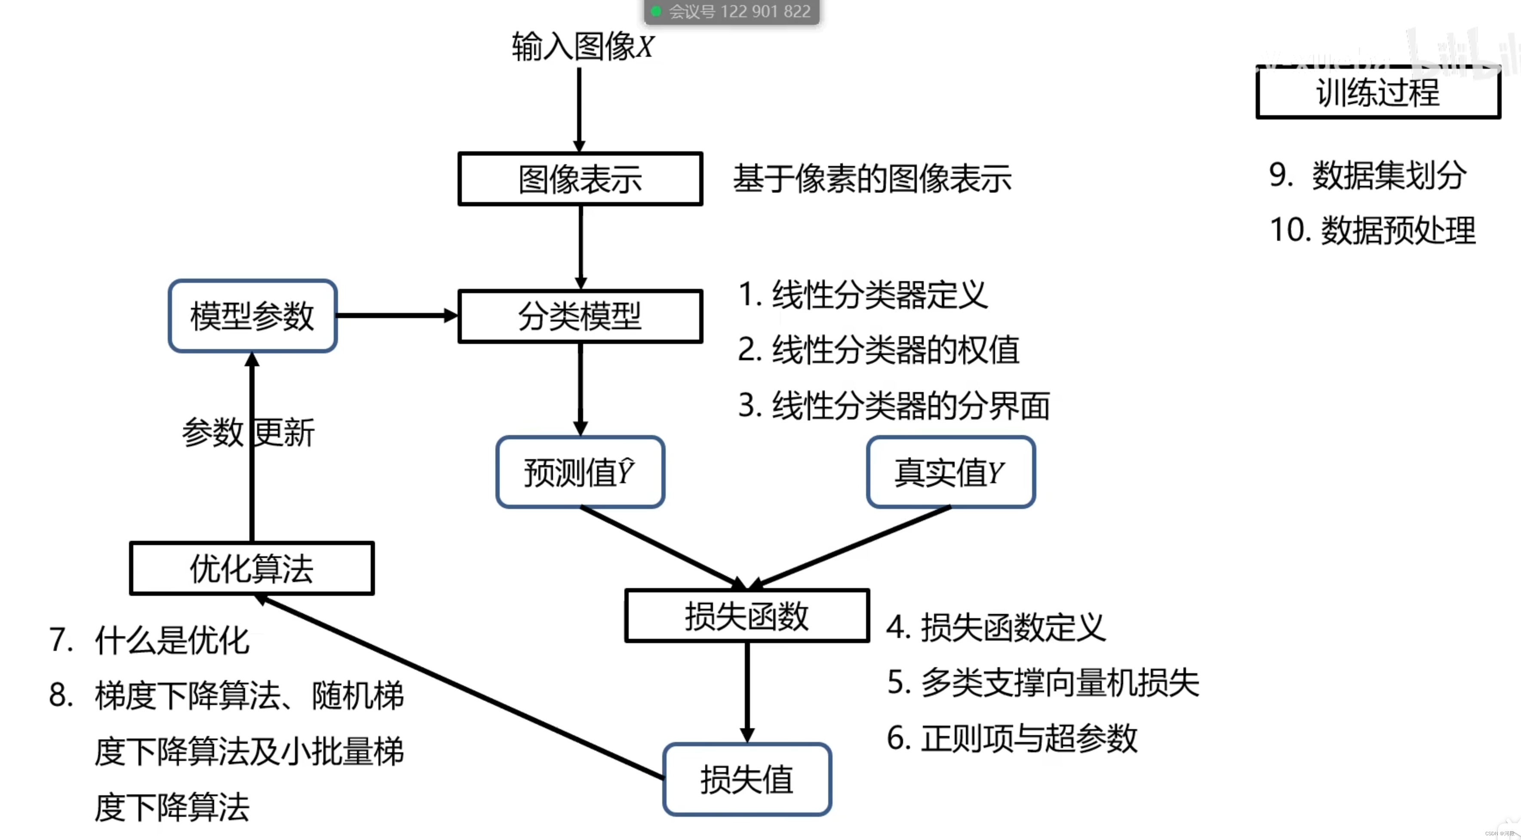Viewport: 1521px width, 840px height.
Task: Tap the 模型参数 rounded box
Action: tap(252, 316)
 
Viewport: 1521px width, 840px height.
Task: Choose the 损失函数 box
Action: tap(747, 615)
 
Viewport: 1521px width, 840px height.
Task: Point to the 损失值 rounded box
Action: tap(747, 779)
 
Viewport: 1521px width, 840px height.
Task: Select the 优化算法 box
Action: tap(252, 568)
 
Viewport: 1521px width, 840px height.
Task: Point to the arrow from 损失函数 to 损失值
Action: tap(747, 691)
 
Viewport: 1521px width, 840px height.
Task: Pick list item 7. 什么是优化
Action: tap(149, 640)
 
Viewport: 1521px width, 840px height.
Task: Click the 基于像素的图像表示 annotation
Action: tap(872, 178)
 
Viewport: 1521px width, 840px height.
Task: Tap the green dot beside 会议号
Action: tap(655, 11)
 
